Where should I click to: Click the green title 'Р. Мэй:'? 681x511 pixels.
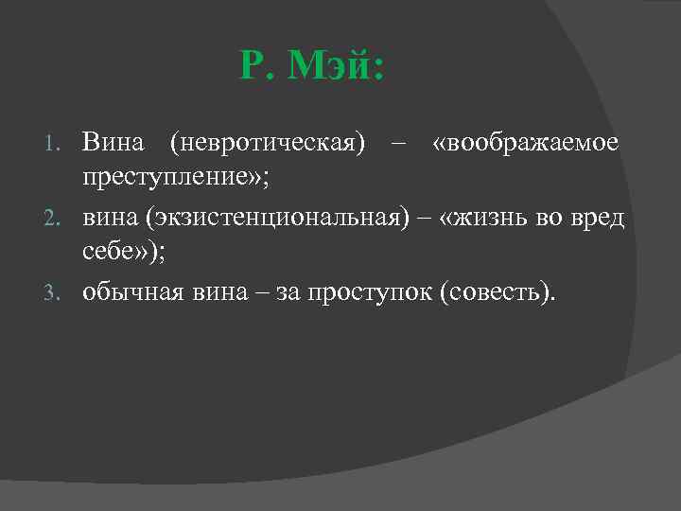point(312,68)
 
